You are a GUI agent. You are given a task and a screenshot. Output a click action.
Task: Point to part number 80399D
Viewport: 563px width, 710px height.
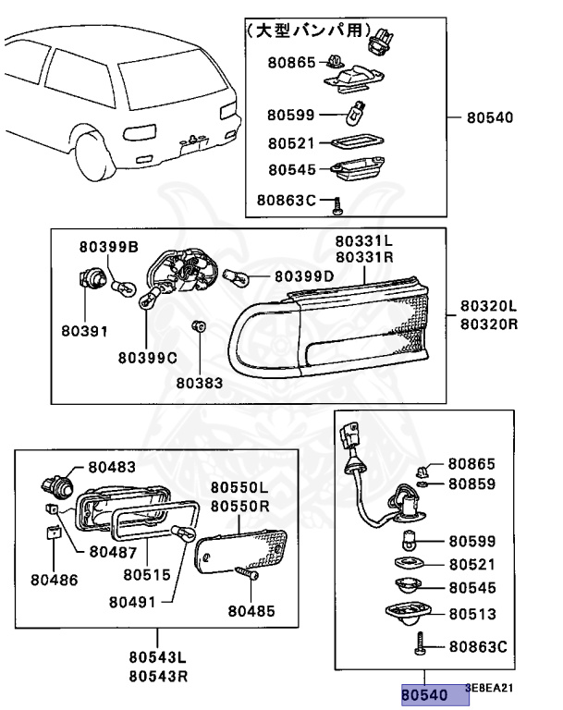pyautogui.click(x=304, y=275)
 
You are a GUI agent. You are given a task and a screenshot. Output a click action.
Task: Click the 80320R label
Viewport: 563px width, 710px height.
pyautogui.click(x=488, y=324)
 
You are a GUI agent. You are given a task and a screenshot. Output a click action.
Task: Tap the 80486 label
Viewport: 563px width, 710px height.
pyautogui.click(x=54, y=580)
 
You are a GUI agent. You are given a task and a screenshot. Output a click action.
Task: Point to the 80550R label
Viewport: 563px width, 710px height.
pyautogui.click(x=239, y=506)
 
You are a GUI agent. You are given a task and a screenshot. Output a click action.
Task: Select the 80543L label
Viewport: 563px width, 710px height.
pyautogui.click(x=157, y=657)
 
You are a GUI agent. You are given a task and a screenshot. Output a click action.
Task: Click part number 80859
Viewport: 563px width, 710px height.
pyautogui.click(x=472, y=484)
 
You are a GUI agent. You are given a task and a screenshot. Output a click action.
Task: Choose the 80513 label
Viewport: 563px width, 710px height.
pyautogui.click(x=472, y=614)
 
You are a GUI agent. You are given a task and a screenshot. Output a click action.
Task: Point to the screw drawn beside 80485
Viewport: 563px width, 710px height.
pyautogui.click(x=247, y=574)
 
